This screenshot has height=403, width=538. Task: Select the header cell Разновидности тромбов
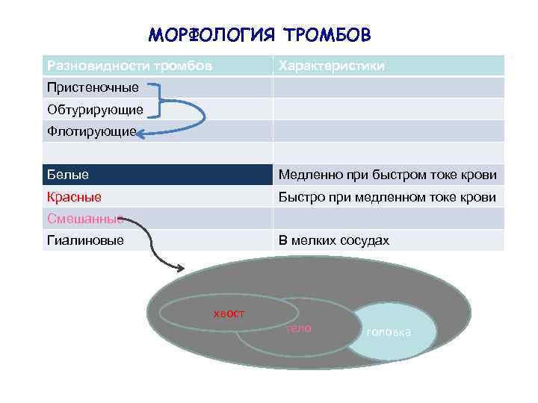point(129,66)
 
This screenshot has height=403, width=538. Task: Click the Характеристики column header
point(332,66)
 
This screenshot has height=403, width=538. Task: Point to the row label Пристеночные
point(93,87)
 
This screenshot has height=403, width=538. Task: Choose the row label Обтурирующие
point(95,110)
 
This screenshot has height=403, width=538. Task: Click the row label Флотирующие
point(91,131)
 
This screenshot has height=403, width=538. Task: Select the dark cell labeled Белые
point(68,175)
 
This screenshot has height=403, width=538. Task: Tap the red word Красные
point(74,197)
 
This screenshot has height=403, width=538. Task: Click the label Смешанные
point(84,219)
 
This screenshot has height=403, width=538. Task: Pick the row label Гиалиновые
point(85,240)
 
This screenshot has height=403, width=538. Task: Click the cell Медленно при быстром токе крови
point(387,175)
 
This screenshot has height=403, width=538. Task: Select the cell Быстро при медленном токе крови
point(387,197)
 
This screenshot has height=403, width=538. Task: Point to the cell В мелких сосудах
point(333,240)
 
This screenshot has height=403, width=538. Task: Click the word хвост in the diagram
point(229,313)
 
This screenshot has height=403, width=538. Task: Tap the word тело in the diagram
point(298,328)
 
